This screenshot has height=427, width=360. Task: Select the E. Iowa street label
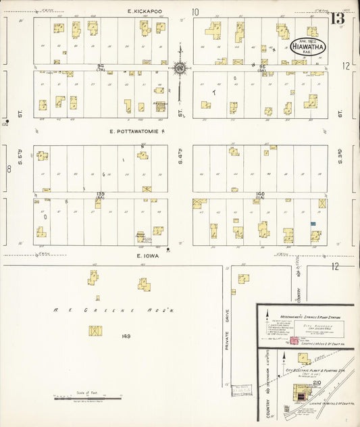point(147,256)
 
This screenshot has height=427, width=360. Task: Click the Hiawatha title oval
point(309,47)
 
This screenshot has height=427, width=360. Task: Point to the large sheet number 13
point(337,18)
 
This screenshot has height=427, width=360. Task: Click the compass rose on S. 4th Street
point(180,68)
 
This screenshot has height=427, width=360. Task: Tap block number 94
point(100,65)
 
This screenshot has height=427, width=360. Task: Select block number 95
point(262,65)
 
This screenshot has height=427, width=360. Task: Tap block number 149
point(126,336)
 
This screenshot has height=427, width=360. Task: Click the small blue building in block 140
point(313,224)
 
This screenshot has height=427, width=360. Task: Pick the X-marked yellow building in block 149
point(95,332)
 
